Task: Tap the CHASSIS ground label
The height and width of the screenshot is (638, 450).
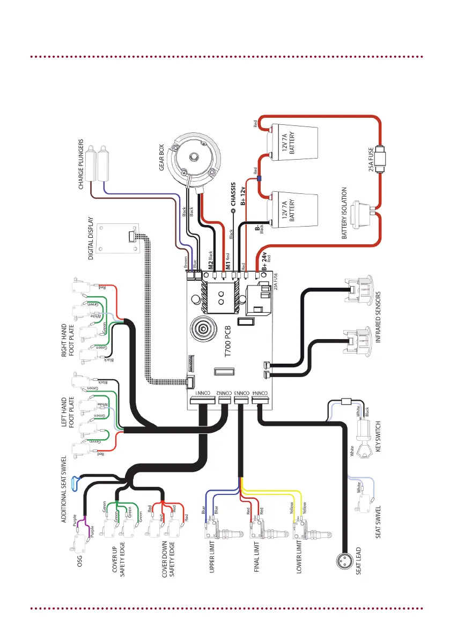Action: click(233, 194)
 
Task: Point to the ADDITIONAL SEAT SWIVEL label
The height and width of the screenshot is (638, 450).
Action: click(63, 492)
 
